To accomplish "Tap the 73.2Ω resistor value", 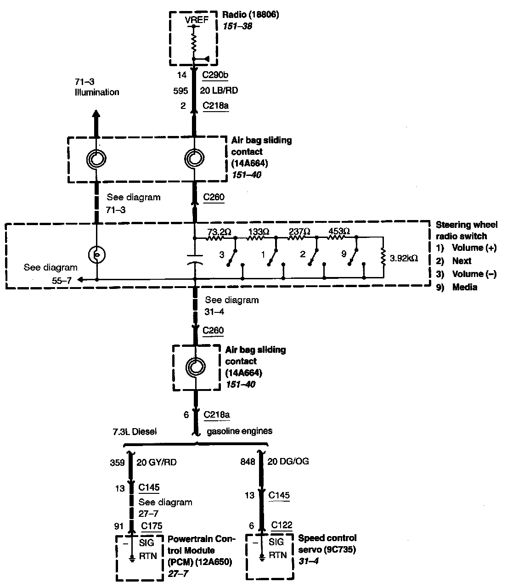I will tap(219, 232).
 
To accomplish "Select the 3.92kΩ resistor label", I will tap(404, 258).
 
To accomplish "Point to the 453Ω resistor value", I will tap(339, 232).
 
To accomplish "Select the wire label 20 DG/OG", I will tap(288, 461).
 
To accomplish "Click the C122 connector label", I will tap(282, 525).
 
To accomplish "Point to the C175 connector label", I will tap(152, 526).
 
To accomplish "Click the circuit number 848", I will tap(248, 462).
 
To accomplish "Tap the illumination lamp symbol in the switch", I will tap(97, 254).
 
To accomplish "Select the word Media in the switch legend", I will tap(465, 287).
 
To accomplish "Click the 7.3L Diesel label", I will tap(135, 431).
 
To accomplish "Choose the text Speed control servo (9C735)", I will tap(327, 543).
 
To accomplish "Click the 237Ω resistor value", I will tap(299, 232).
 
